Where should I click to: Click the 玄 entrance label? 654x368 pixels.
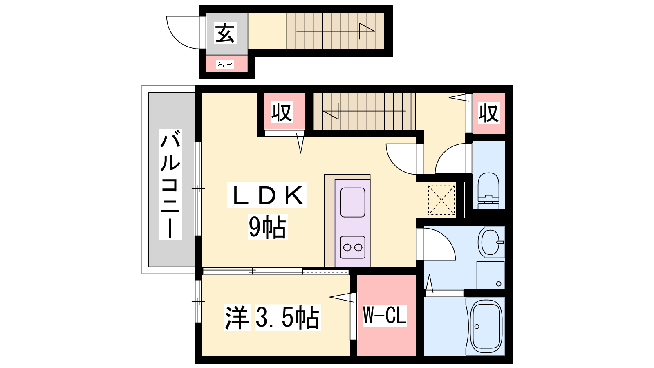225,33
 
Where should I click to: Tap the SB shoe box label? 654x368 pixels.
225,65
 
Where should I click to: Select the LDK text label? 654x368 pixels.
267,195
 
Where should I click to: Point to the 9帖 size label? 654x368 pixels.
267,227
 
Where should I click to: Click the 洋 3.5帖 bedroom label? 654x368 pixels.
272,317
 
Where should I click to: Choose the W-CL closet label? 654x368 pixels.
385,315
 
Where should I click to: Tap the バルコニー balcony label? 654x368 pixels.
170,184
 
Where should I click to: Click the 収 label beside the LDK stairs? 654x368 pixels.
282,112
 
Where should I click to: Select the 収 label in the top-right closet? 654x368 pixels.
489,113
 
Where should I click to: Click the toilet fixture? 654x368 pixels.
488,190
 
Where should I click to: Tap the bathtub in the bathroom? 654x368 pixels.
486,326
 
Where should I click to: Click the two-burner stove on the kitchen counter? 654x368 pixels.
353,247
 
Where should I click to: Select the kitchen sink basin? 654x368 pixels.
353,202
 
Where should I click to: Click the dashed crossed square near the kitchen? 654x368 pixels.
441,200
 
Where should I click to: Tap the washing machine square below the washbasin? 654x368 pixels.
490,275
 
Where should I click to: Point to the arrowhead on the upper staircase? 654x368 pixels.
367,31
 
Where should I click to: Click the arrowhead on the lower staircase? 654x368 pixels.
331,111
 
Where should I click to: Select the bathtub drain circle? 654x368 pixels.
477,327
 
